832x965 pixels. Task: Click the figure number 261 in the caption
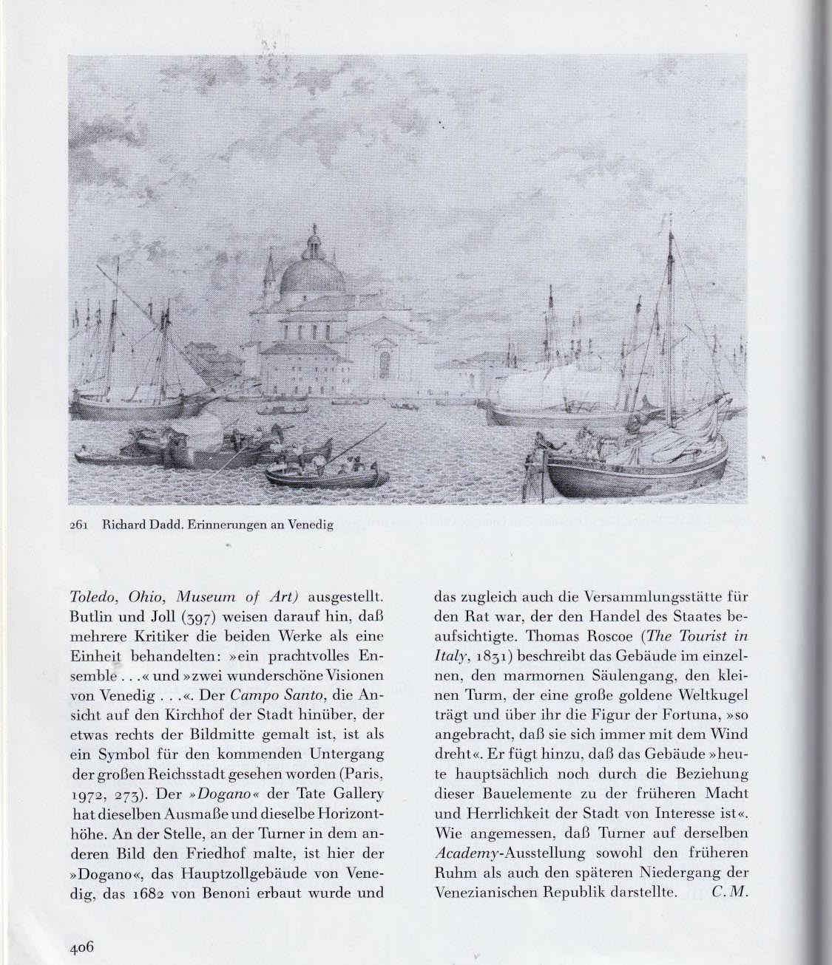[78, 526]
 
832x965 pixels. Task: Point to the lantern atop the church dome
[314, 238]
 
